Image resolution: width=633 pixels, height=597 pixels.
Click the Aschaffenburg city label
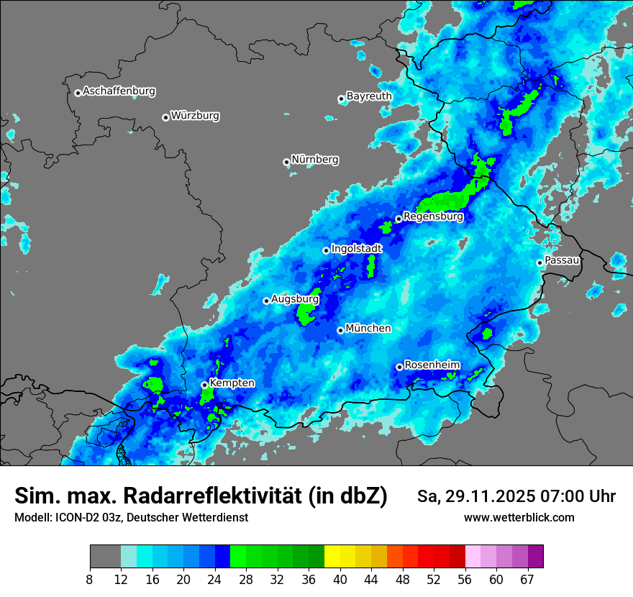point(119,91)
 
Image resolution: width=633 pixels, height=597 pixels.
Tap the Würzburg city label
point(195,116)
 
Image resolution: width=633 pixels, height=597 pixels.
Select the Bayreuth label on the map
point(369,96)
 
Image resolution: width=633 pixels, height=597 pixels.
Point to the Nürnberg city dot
point(286,162)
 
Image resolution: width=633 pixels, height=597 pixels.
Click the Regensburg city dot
point(399,219)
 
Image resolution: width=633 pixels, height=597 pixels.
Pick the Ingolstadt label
point(357,248)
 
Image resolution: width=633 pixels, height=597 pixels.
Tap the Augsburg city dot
point(266,301)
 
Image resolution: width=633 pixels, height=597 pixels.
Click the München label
point(368,329)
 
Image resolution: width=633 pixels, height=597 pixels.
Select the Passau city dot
point(539,263)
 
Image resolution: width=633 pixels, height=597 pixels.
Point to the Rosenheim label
point(432,365)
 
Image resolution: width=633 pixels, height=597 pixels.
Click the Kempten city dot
point(204,385)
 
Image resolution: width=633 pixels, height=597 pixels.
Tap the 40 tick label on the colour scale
point(340,579)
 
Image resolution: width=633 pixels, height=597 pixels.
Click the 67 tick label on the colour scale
point(527,579)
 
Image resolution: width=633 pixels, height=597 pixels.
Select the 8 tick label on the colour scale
point(90,579)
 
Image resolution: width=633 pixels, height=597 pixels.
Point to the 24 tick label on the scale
point(215,579)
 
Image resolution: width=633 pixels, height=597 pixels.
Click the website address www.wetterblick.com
point(519,518)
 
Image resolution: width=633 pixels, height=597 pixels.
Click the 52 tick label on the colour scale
point(434,579)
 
